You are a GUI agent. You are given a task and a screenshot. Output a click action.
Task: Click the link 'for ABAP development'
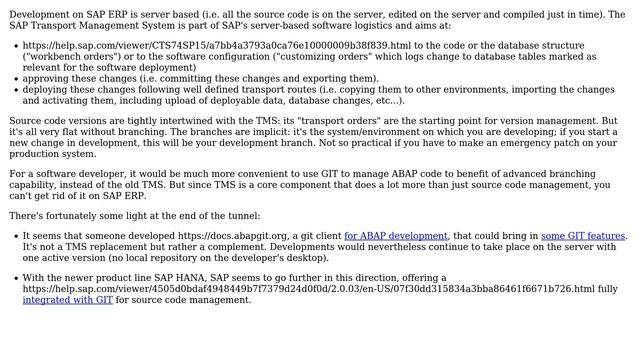(395, 236)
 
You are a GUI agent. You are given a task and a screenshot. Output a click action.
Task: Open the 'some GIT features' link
(583, 236)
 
